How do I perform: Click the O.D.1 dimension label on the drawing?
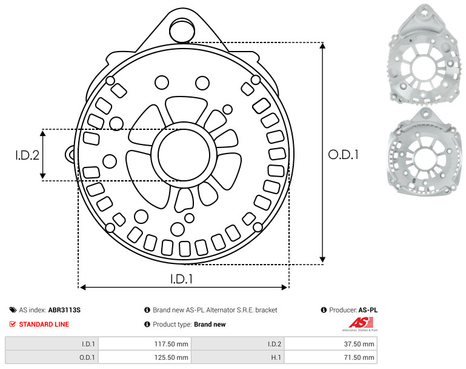(x=343, y=154)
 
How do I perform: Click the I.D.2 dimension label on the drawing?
(x=27, y=155)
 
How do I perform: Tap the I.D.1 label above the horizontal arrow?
(x=182, y=279)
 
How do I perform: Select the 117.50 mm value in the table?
(x=171, y=344)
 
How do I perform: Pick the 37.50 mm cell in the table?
(x=359, y=344)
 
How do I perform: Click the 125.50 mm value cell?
(x=171, y=357)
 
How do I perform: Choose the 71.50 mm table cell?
(x=359, y=357)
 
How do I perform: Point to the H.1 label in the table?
(x=276, y=357)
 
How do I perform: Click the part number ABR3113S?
(x=64, y=310)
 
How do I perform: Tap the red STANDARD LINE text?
(x=44, y=324)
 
